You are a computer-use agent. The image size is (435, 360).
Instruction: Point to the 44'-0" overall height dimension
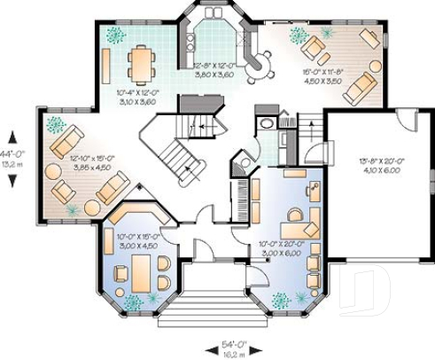[x=13, y=157]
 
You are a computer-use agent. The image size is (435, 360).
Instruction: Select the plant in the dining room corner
[x=115, y=35]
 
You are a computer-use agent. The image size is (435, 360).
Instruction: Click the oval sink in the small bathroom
[x=263, y=123]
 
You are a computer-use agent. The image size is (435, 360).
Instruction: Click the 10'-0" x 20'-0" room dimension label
[x=283, y=247]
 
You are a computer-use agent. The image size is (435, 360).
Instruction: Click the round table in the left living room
[x=91, y=207]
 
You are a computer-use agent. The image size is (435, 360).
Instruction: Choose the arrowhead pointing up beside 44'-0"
[x=12, y=136]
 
